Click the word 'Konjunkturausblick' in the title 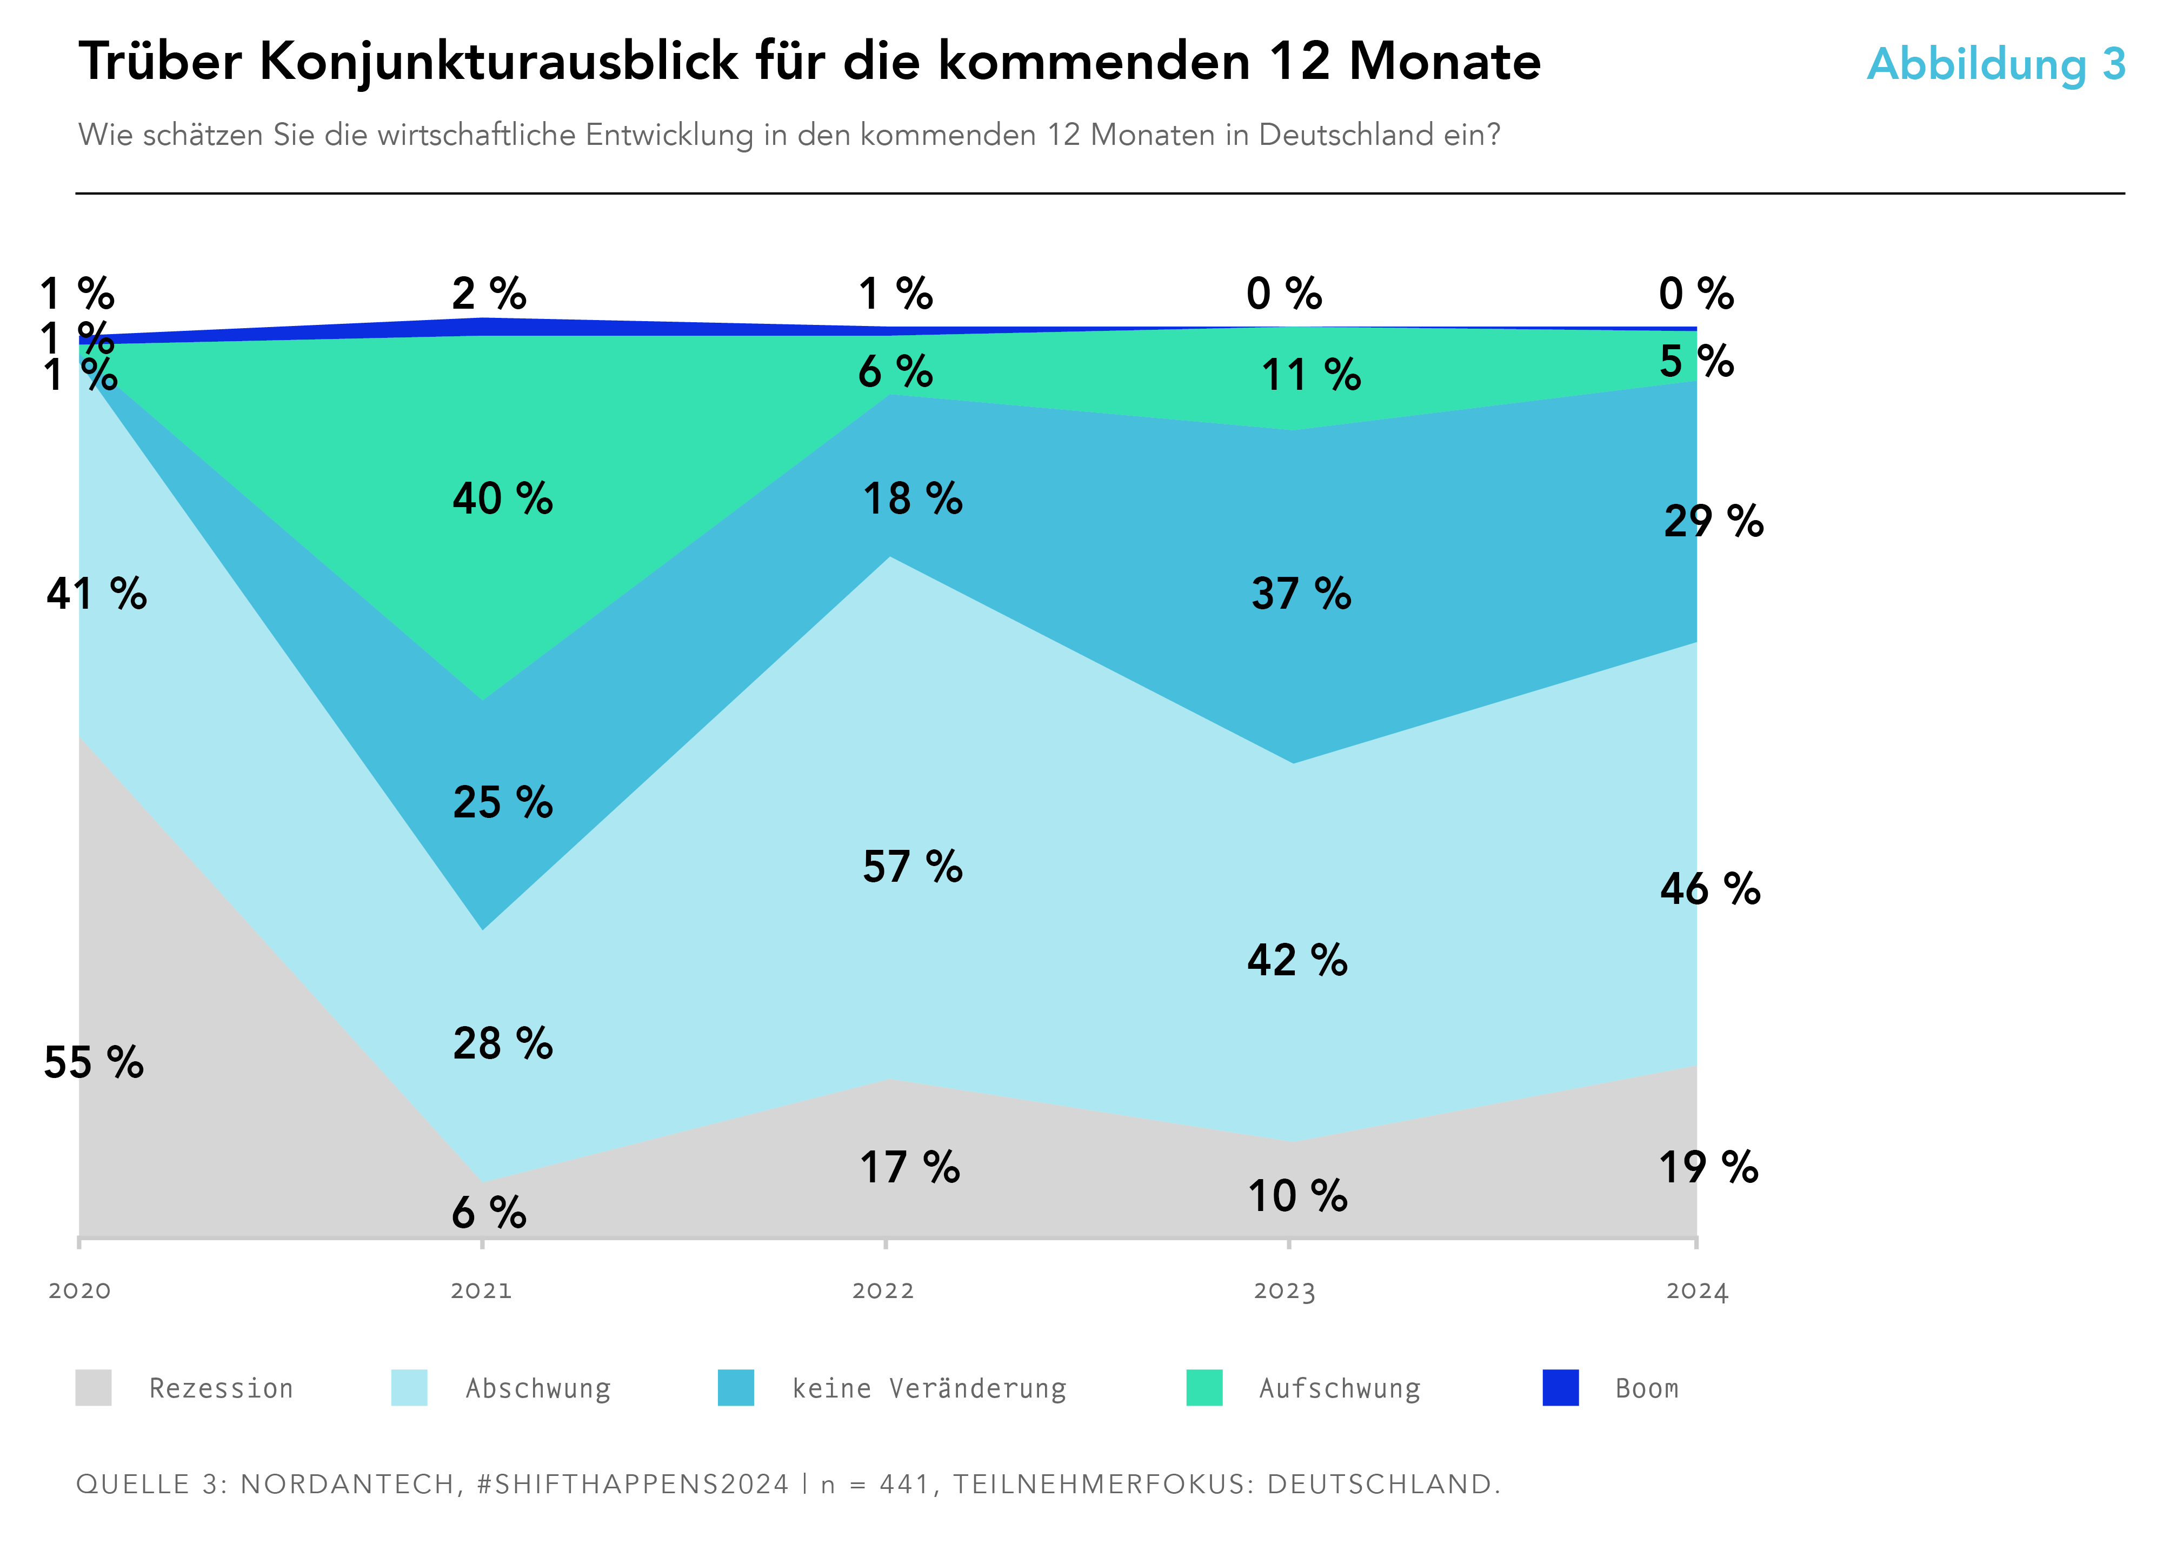point(498,62)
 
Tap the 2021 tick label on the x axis point(482,1291)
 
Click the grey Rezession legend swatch point(94,1387)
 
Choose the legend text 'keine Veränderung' point(929,1388)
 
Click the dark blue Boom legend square point(1560,1387)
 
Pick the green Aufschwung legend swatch point(1203,1387)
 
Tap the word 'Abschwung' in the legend point(538,1388)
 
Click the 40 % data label point(503,498)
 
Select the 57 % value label point(913,867)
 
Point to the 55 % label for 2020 point(94,1062)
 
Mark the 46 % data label point(1710,889)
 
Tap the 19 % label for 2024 point(1708,1167)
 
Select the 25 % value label point(503,802)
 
